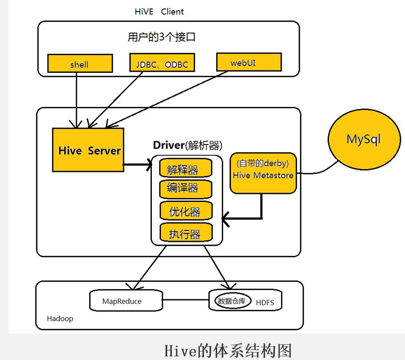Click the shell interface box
(x=79, y=64)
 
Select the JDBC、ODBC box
(x=159, y=64)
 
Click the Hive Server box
(x=88, y=150)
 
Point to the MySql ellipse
(x=363, y=139)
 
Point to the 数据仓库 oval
(x=232, y=301)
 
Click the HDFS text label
(x=265, y=303)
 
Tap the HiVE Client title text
(x=159, y=11)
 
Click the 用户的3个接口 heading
(x=162, y=37)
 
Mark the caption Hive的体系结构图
(x=228, y=350)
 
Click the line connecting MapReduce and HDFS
(x=184, y=301)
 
